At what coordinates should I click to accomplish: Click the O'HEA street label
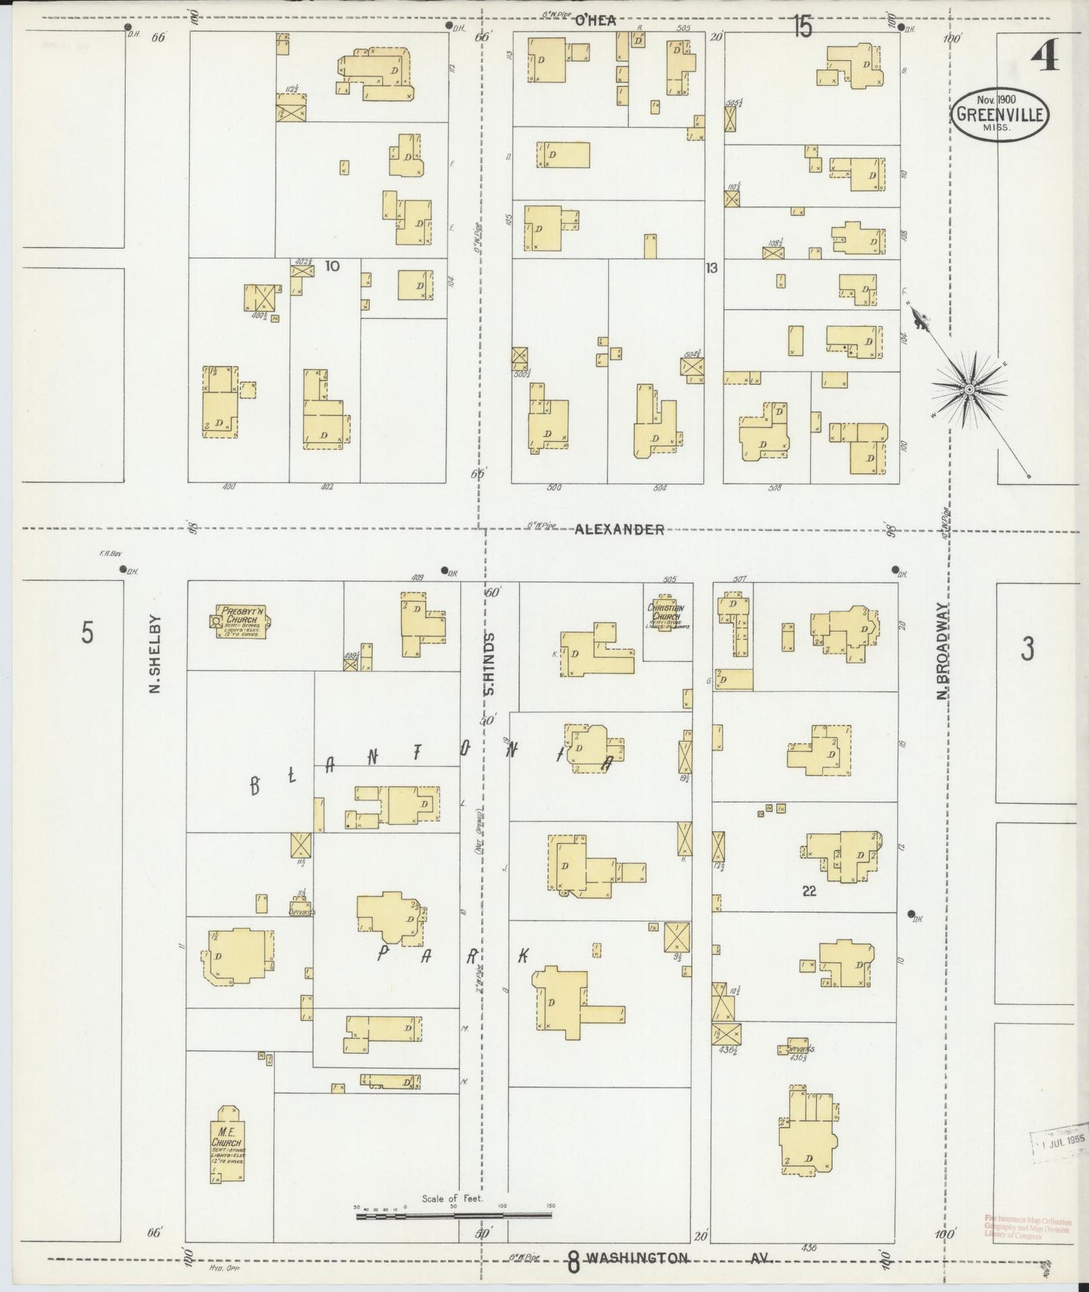click(595, 21)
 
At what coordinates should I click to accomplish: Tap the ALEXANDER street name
click(619, 529)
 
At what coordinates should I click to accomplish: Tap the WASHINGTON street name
click(638, 1258)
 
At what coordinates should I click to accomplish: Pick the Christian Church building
click(665, 614)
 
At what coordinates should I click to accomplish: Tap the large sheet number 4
click(1045, 56)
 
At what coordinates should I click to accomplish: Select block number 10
click(332, 266)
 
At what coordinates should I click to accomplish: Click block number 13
click(711, 267)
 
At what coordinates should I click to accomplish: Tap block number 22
click(809, 891)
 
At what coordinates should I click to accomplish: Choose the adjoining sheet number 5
click(87, 633)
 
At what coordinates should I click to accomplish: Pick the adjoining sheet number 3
click(1027, 648)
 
